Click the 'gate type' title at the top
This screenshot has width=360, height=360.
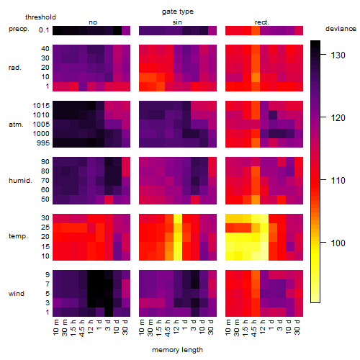(178, 12)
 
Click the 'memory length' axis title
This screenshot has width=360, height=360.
(177, 350)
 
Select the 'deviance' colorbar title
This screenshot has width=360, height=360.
(341, 29)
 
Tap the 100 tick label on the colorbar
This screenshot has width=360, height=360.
(338, 243)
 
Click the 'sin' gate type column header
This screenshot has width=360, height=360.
(177, 22)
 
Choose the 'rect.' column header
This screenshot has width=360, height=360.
(261, 22)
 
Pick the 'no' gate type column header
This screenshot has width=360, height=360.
(93, 22)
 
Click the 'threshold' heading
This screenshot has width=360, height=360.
(40, 17)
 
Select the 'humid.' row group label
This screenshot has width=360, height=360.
(20, 181)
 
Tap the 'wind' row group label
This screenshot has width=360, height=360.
(17, 294)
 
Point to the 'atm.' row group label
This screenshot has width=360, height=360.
(16, 125)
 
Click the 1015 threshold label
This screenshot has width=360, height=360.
(41, 106)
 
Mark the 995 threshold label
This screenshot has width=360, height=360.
(43, 143)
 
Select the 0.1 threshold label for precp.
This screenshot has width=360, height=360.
(44, 30)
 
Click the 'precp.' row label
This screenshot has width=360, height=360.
(19, 29)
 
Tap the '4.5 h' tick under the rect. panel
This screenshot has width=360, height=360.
(254, 328)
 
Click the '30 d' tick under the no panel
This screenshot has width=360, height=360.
(125, 327)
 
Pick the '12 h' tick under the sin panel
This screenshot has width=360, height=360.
(176, 327)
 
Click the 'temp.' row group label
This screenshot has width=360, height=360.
(18, 236)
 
